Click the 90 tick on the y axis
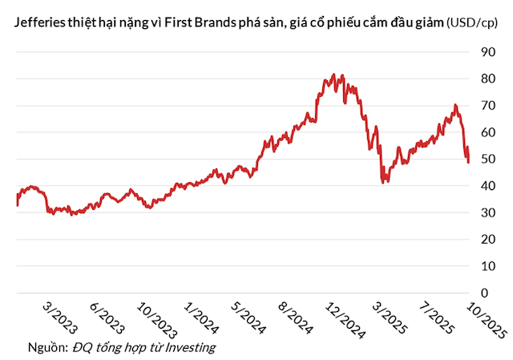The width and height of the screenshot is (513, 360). [x=487, y=52]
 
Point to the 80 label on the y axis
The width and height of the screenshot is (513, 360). [x=487, y=79]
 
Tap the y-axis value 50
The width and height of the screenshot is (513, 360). [x=487, y=159]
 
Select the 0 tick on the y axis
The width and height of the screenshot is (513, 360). [x=483, y=293]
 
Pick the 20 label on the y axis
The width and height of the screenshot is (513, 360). [x=487, y=239]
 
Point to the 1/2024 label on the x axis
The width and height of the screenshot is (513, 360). [x=201, y=317]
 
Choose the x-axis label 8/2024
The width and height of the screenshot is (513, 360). [x=296, y=317]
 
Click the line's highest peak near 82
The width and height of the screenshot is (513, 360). [x=333, y=75]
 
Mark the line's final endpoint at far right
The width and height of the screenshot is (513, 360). [x=469, y=162]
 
